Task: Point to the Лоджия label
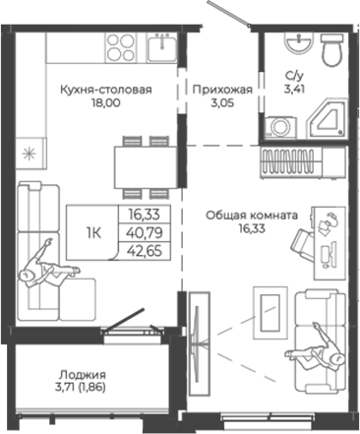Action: click(x=82, y=375)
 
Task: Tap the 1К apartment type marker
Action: click(x=95, y=231)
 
